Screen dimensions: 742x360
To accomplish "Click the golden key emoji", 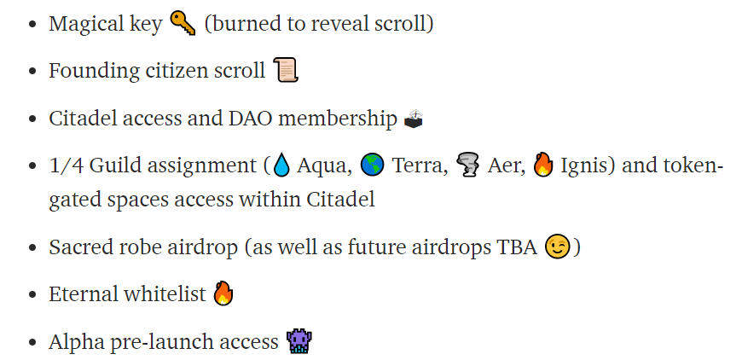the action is pos(183,23).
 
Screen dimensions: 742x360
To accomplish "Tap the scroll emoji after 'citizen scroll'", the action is pos(286,70).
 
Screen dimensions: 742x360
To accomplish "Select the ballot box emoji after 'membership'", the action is pos(413,119).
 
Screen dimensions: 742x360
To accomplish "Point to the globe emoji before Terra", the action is pos(372,166).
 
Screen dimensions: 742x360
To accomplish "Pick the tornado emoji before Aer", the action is pos(467,166).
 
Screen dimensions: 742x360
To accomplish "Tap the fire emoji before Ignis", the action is pos(542,166).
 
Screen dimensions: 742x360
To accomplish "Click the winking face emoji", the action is pos(558,247).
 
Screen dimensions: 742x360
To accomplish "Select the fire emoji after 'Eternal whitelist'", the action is pos(223,293).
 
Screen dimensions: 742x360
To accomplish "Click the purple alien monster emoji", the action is pos(299,341).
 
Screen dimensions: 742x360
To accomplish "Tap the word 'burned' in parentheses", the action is pos(244,23).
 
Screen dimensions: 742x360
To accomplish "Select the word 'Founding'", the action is pos(94,72).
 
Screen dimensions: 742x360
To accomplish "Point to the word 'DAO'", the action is pos(251,119).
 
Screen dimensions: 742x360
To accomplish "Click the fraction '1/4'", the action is pos(67,166).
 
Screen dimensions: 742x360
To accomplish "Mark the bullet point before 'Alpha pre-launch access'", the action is pos(32,342).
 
